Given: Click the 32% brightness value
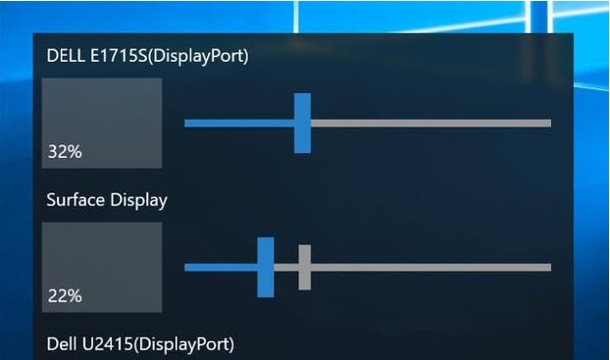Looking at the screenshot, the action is (64, 153).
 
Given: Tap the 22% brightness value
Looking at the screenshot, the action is (64, 295).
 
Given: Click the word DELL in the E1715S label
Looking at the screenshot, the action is (67, 56).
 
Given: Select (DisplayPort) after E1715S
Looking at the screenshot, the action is (202, 56).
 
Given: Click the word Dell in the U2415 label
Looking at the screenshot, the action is (65, 343).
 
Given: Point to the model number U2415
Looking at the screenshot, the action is (111, 343).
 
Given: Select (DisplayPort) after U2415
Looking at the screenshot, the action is (187, 343).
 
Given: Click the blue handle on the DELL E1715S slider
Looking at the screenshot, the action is (302, 123).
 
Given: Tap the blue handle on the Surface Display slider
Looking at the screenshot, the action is (265, 267).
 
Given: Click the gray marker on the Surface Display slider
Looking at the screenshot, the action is (304, 267).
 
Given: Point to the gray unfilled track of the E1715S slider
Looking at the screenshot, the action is (432, 123).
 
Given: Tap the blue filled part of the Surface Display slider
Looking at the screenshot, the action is (220, 267).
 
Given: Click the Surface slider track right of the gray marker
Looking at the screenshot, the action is (432, 267).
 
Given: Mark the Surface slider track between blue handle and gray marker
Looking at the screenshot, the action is (285, 267).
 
